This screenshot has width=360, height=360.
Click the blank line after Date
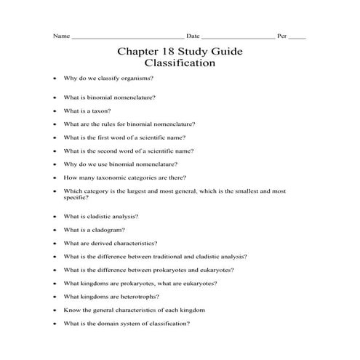pos(238,36)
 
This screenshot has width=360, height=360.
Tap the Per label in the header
pos(282,36)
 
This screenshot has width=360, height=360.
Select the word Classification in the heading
pos(180,63)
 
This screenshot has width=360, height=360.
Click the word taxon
pos(100,111)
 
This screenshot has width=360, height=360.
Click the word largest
pos(128,191)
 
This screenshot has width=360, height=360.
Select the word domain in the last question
pos(111,324)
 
